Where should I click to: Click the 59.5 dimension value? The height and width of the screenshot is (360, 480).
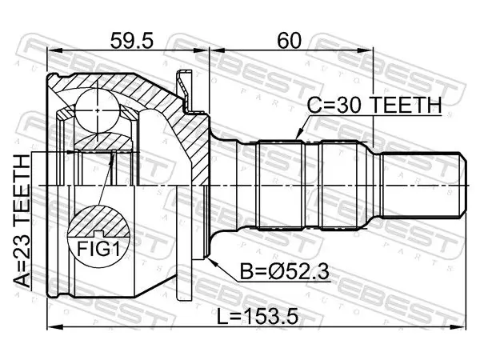coord(131,41)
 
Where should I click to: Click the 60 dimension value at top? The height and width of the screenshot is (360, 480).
coord(290,41)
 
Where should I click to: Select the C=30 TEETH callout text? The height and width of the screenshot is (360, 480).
coord(374,105)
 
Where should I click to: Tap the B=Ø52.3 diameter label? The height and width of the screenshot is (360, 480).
coord(284,271)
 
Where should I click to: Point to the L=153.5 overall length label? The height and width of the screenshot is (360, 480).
coord(258,317)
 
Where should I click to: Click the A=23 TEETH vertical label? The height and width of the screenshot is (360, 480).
coord(22,221)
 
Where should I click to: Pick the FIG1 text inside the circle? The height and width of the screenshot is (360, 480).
coord(98,249)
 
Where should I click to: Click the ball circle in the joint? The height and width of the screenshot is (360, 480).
coord(98,110)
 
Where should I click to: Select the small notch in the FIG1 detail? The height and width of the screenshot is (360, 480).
coord(98,234)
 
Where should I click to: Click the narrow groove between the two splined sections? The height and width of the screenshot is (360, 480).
coord(312,185)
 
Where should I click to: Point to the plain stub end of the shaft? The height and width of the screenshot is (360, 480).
coord(424,186)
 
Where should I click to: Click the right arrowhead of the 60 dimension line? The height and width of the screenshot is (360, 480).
coord(366,50)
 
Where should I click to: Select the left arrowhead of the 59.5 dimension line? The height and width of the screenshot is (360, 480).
coord(54,50)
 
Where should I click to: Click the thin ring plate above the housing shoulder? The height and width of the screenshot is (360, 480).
coord(184,89)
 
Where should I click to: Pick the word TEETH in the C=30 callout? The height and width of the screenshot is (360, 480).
coord(407,105)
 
